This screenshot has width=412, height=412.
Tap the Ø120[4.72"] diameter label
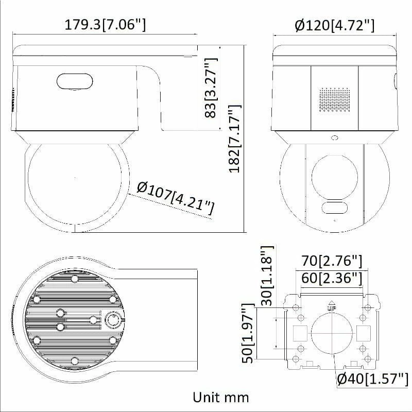335,25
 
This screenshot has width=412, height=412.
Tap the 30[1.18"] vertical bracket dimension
266,276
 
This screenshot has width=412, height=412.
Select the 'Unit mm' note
220,397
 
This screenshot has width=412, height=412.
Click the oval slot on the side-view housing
75,81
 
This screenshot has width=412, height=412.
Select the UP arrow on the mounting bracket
332,304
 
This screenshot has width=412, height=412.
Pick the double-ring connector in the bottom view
112,320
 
